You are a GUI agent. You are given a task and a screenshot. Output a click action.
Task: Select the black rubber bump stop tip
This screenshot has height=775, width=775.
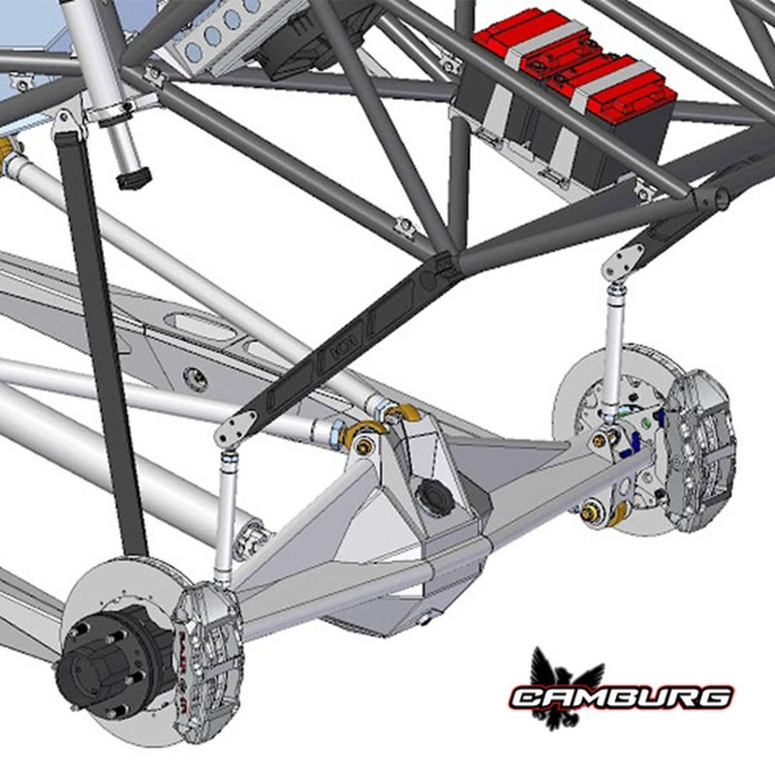(x=132, y=180)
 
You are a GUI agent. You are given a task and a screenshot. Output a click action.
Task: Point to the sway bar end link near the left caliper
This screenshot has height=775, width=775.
(x=225, y=513)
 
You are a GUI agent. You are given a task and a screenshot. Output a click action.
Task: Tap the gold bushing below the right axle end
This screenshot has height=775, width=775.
(x=593, y=508)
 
